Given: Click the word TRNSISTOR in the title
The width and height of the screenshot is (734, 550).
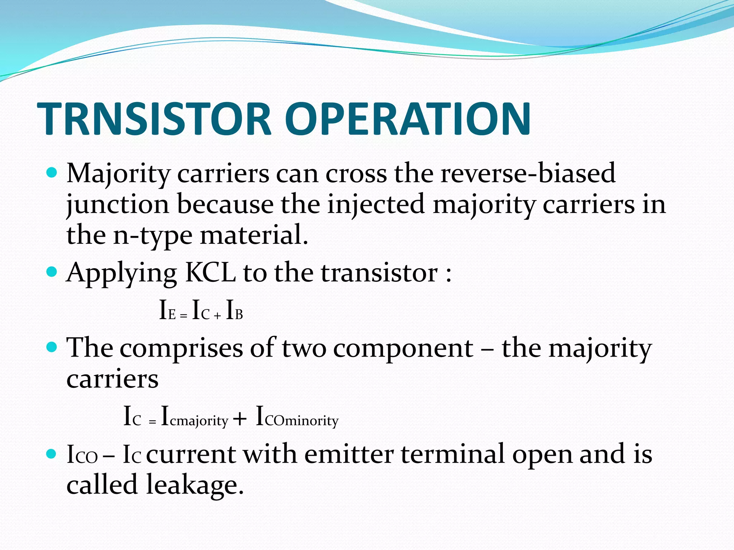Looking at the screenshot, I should tap(154, 119).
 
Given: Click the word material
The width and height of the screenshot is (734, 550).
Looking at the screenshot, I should tap(254, 236).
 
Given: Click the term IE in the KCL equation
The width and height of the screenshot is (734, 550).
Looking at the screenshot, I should tap(167, 310).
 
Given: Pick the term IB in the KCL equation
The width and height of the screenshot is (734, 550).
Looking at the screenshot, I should tap(235, 310).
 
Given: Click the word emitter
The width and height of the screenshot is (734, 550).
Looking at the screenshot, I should tap(349, 454).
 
